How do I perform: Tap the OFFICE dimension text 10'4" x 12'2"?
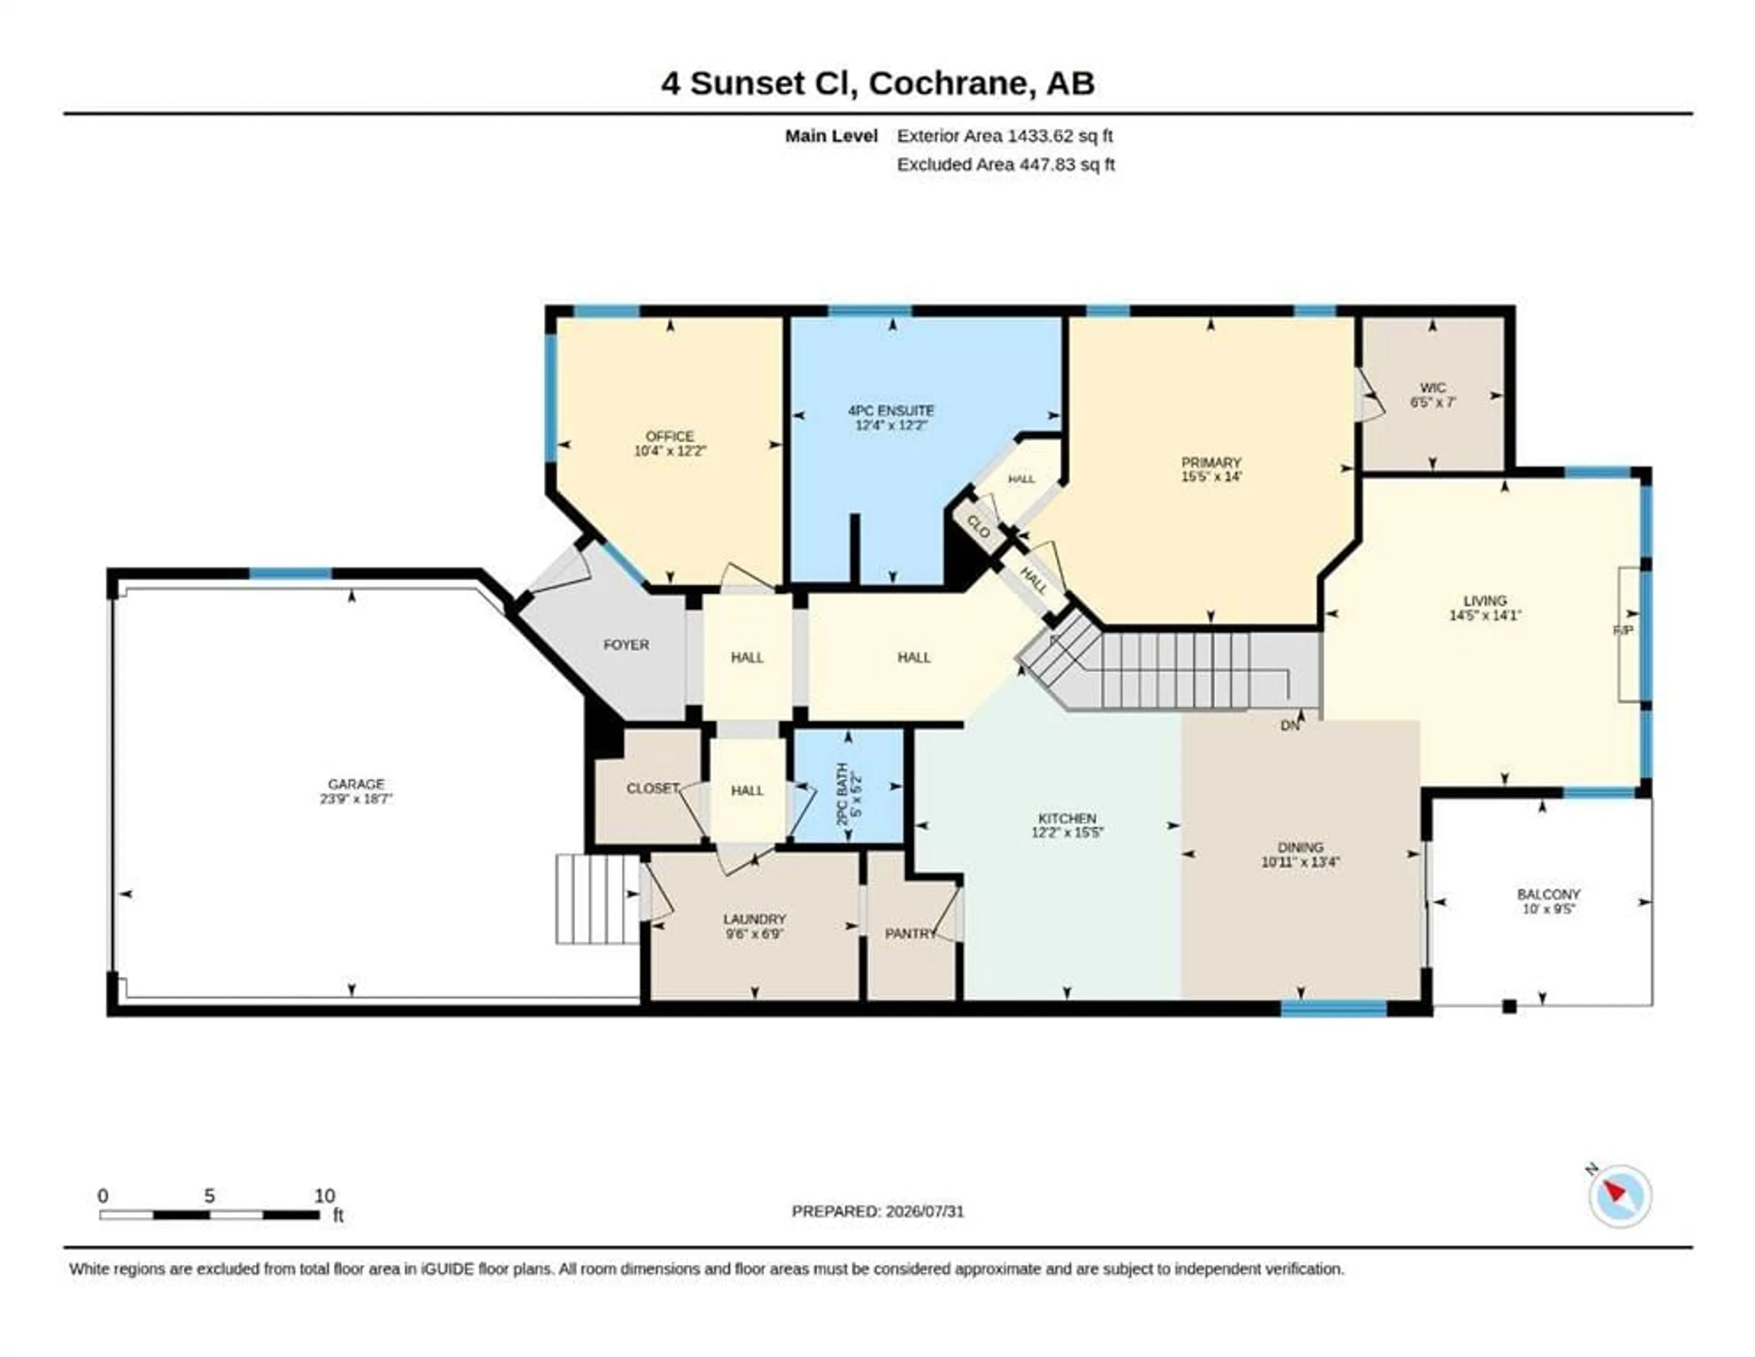tap(670, 451)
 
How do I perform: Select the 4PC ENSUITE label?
tap(891, 411)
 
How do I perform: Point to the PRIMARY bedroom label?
tap(1211, 463)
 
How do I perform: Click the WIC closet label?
tap(1433, 388)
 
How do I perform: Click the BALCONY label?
tap(1548, 894)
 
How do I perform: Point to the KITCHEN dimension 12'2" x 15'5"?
tap(1067, 833)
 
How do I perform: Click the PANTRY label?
tap(910, 933)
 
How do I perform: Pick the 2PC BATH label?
tap(842, 790)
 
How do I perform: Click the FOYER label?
tap(626, 644)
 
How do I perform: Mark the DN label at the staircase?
tap(1290, 726)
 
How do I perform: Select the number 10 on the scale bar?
tap(324, 1196)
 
